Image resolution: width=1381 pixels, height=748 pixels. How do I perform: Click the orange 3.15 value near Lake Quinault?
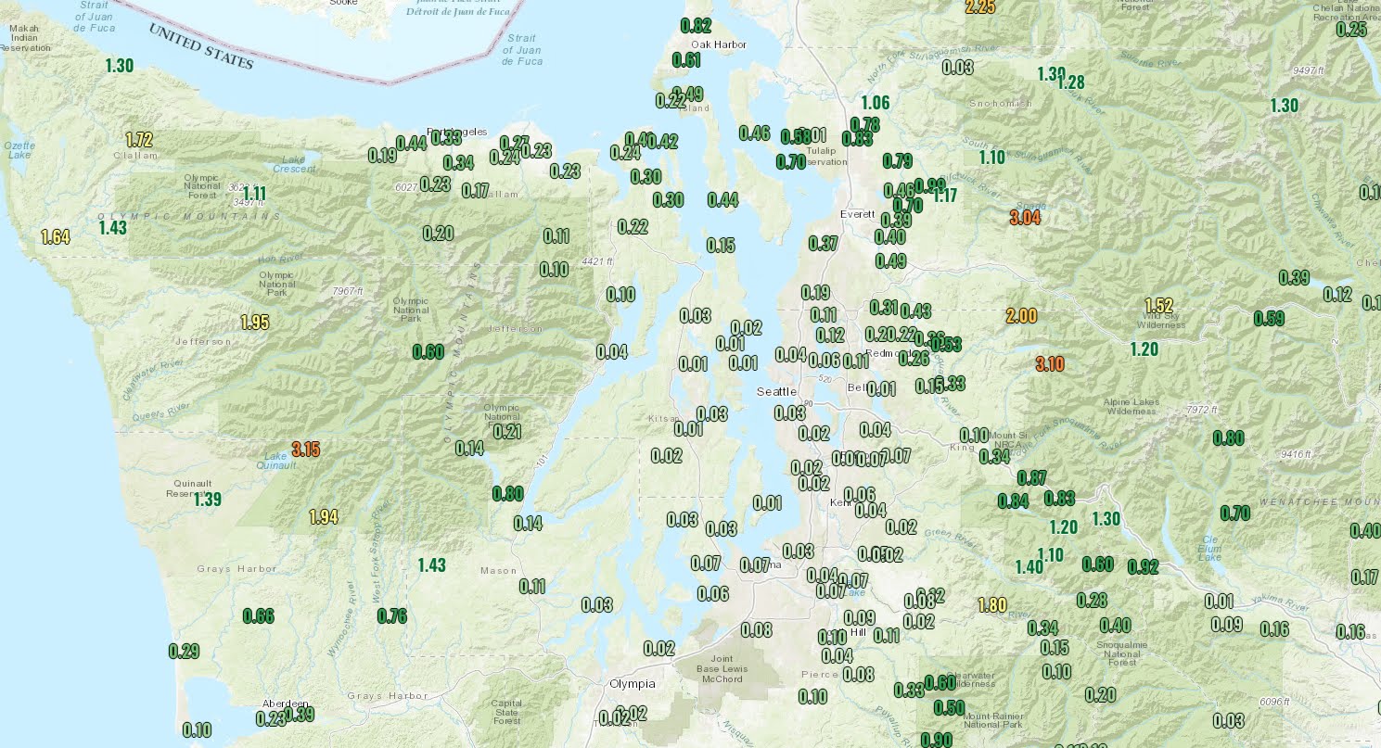[x=305, y=450]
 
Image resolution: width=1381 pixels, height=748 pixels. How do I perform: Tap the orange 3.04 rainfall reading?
[x=1025, y=219]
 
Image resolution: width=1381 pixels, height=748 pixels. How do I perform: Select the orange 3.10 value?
[x=1049, y=364]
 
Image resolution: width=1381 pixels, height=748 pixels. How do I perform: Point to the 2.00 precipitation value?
[x=1021, y=316]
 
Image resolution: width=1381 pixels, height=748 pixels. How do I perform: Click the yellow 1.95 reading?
[x=255, y=323]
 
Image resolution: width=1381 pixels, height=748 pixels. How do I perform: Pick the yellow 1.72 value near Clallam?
[x=138, y=141]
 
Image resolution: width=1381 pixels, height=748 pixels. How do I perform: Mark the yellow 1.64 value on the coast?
[x=56, y=237]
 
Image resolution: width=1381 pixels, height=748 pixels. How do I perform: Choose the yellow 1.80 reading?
[x=992, y=605]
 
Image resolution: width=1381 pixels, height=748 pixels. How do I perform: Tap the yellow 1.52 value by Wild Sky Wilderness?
[x=1159, y=305]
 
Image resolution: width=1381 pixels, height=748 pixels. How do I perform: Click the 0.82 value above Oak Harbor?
[x=696, y=26]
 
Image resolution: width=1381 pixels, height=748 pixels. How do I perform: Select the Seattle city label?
[x=776, y=392]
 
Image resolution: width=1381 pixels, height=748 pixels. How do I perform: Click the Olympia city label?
[x=632, y=684]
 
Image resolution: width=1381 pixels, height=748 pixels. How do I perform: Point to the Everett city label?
[x=857, y=214]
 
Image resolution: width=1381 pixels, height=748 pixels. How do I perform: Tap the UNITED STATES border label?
[x=201, y=45]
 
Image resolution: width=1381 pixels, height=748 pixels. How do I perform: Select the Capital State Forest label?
[x=506, y=711]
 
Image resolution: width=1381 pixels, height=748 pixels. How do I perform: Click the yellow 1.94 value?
[x=323, y=517]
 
